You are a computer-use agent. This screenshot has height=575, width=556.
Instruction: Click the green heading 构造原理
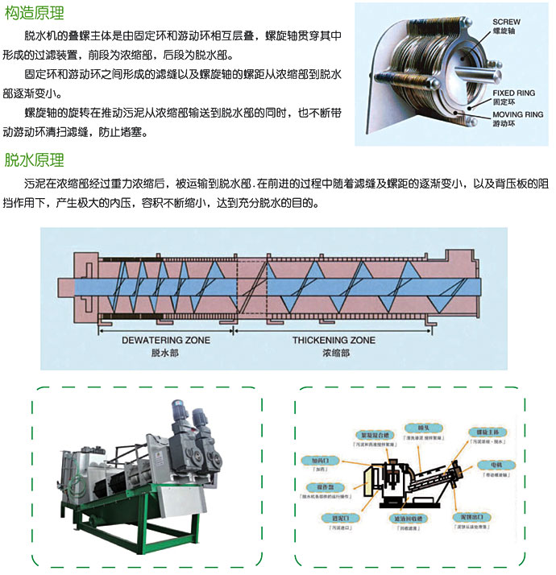(35, 14)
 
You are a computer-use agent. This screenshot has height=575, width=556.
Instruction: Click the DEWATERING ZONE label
(166, 340)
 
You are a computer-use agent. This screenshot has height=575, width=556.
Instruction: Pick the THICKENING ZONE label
(334, 340)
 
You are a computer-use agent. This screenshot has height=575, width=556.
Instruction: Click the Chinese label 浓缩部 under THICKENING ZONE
(334, 353)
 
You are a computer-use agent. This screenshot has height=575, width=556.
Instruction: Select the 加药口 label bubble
(320, 460)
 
